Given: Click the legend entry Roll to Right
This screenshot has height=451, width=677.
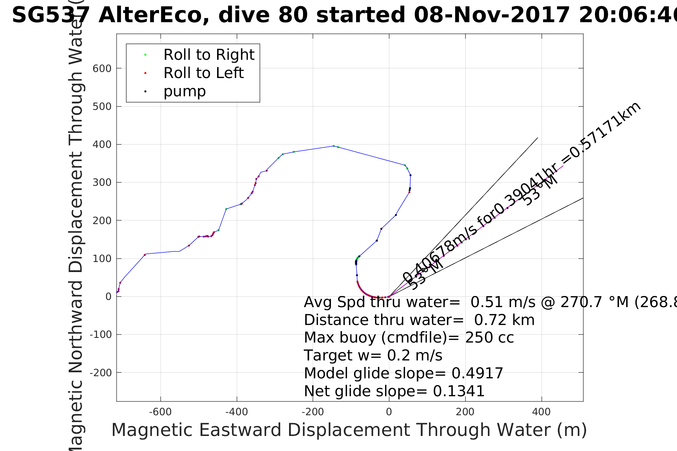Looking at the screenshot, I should tap(209, 55).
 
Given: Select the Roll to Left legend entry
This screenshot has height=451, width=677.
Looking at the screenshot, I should tap(203, 73).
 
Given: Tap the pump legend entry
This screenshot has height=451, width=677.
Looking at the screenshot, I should tap(184, 91).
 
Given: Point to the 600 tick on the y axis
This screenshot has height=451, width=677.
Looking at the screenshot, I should tap(102, 68).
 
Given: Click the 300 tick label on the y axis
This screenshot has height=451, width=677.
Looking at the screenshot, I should tap(102, 183).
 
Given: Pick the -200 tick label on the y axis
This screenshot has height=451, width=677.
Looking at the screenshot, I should tap(101, 373).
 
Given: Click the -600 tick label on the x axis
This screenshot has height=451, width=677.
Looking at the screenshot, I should tap(160, 412).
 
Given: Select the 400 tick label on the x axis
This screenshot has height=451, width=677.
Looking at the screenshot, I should tap(541, 412).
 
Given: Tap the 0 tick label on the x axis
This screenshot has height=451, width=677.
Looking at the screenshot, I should tap(389, 412).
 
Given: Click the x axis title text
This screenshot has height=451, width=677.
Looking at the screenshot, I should tap(349, 430).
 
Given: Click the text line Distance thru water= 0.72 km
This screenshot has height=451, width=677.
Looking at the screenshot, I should tap(419, 320).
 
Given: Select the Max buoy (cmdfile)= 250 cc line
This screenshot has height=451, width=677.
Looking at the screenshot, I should tap(409, 338).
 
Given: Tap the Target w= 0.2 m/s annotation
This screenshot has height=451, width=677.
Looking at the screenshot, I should tap(373, 355).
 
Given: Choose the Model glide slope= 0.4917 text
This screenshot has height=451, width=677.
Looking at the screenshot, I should tap(403, 373).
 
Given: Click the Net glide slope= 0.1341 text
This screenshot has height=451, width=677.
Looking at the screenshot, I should tap(394, 391).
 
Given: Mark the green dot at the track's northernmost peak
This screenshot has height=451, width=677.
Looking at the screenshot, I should tap(333, 146).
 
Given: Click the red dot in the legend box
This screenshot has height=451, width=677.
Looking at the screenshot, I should tap(145, 73).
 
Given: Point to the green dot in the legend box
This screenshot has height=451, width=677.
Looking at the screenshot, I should tap(145, 55).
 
